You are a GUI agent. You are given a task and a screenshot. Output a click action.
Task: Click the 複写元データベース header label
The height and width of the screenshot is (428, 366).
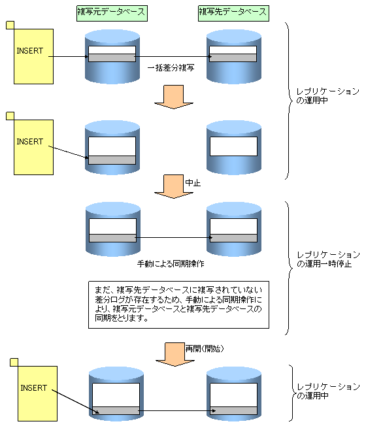pos(112,13)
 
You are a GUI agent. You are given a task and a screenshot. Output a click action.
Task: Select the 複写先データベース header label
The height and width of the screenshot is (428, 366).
pos(233,13)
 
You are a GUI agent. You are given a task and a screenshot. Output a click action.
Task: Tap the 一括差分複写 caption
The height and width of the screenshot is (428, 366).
pos(171,68)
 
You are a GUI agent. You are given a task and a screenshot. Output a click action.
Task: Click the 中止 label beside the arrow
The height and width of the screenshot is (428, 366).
pos(193,182)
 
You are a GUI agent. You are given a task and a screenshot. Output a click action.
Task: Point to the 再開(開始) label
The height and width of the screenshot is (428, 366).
pos(205,348)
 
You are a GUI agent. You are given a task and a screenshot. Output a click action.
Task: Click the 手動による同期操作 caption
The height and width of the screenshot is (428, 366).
pos(171,264)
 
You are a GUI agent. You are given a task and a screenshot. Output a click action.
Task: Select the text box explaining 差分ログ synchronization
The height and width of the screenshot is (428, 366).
pos(178,305)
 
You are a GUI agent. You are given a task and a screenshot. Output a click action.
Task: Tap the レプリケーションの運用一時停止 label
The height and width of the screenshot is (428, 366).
pos(328,259)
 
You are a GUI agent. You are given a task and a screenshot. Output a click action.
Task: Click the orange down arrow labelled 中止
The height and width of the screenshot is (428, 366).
pos(174,186)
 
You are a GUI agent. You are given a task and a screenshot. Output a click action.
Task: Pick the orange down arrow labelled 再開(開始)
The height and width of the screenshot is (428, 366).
pos(175,354)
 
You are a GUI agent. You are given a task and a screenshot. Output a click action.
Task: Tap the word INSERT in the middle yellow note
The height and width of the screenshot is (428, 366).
pos(30,142)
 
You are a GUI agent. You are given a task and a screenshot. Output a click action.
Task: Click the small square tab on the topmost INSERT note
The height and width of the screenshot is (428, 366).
pos(10,25)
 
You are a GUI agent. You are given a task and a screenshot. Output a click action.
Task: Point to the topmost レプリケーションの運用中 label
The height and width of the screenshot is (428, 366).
pos(328,96)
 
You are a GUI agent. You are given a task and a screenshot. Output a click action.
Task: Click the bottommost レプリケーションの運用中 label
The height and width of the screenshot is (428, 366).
pos(328,391)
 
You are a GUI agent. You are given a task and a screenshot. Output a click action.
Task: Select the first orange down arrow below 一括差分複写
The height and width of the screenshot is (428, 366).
pos(174,97)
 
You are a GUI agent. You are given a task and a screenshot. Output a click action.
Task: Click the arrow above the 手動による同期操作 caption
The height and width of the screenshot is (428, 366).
pos(174,237)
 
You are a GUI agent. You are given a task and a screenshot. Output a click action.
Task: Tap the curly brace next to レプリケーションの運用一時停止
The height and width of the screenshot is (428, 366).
pos(288,268)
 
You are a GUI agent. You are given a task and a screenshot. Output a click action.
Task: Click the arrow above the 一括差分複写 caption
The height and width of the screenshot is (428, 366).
pos(173,57)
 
